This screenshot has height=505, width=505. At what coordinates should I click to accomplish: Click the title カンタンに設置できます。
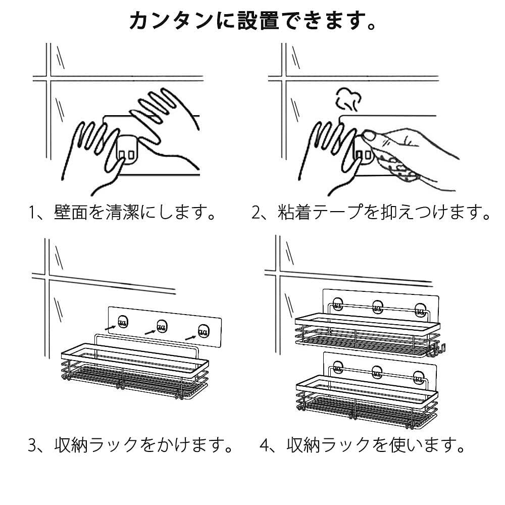coord(252,21)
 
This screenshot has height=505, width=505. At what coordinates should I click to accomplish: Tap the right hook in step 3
coord(203,331)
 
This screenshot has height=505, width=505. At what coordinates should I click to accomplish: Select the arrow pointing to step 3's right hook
coord(191,336)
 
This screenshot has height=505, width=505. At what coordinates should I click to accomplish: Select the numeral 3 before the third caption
coord(33,445)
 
